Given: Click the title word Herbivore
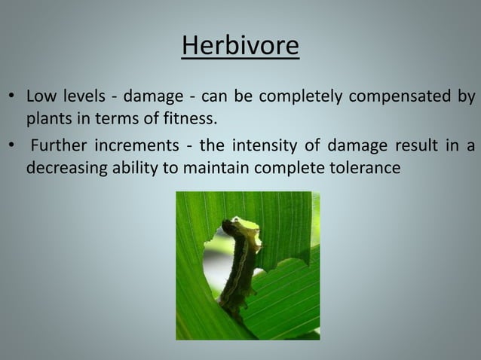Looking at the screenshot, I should (x=240, y=47).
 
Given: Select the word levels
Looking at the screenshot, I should (x=82, y=97).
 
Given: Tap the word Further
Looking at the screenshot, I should (x=58, y=145).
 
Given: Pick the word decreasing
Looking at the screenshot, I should (x=64, y=167).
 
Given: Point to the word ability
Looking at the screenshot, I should (x=133, y=167).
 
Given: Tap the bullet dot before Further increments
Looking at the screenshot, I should (x=11, y=147).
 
